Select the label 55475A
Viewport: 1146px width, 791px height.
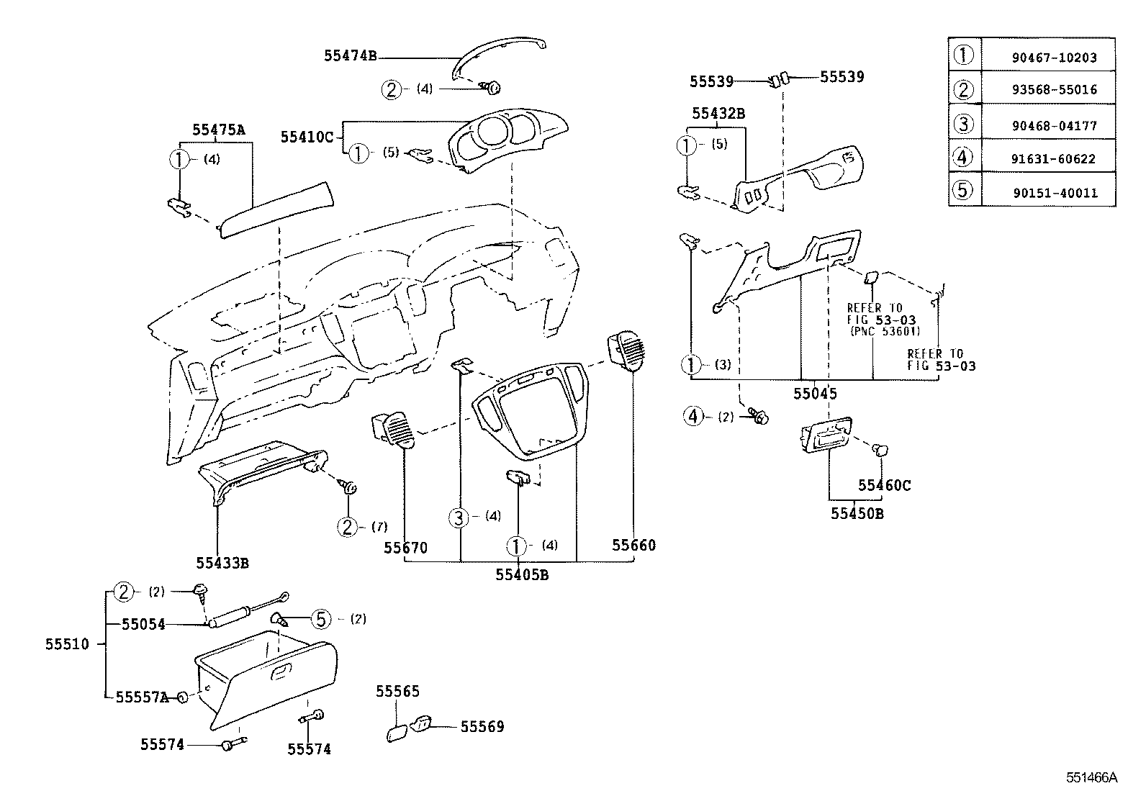[219, 130]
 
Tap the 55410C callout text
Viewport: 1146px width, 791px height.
[307, 137]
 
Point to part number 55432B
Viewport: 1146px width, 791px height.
[718, 114]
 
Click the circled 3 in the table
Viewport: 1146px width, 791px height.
[963, 124]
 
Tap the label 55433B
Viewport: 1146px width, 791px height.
[222, 562]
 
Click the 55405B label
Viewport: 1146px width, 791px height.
[522, 574]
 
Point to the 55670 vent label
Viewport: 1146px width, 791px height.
[405, 548]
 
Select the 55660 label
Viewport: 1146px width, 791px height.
[634, 545]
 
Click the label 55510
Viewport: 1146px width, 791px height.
[67, 644]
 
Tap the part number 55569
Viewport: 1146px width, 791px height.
[482, 727]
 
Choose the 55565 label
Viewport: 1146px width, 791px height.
[397, 691]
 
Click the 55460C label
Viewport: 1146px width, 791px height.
[884, 486]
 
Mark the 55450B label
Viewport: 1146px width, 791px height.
[857, 514]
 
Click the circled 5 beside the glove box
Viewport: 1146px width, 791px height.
[321, 618]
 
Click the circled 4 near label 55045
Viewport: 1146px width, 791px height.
[692, 416]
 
